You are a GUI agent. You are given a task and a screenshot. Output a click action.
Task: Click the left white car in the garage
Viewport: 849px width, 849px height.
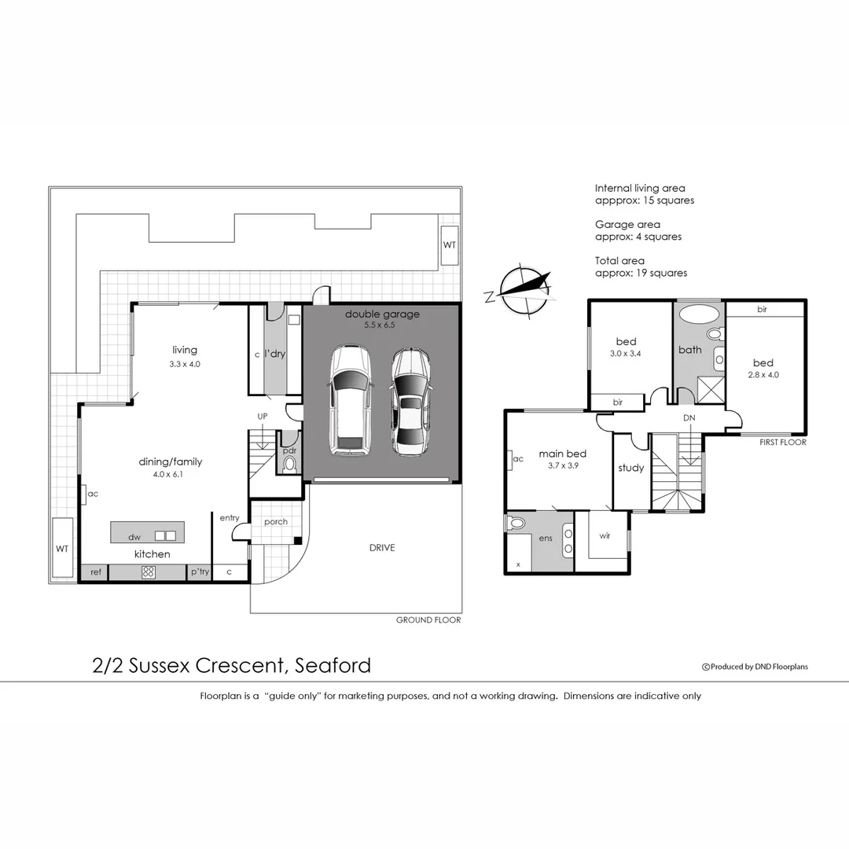click(x=351, y=401)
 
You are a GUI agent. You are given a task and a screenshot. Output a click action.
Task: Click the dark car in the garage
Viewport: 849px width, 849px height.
click(x=409, y=402)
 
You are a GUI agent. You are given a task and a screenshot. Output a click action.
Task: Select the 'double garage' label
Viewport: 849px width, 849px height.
click(x=382, y=314)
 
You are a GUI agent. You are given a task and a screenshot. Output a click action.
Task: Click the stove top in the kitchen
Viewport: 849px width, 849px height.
click(x=148, y=572)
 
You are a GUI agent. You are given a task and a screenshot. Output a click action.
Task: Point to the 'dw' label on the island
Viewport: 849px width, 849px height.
click(x=134, y=537)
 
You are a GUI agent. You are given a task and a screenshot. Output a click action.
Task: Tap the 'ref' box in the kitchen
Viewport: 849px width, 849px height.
click(x=96, y=572)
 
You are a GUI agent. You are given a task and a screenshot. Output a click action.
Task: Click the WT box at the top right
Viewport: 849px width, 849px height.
click(x=449, y=245)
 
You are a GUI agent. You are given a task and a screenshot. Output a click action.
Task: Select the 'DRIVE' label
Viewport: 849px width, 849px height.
click(x=382, y=548)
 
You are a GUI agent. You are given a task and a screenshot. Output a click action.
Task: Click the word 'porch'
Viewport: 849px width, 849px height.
click(x=276, y=522)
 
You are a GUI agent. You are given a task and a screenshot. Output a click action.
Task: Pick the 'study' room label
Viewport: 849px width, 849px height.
click(x=630, y=468)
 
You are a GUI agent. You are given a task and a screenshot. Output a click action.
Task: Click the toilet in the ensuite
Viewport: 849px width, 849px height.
click(x=518, y=523)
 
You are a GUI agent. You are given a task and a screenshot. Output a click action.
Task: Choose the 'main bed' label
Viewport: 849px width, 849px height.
click(x=562, y=454)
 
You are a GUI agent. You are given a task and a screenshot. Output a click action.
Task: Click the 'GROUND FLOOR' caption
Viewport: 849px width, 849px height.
click(x=428, y=620)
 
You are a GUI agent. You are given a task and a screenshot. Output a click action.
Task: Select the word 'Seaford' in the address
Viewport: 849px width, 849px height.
click(x=333, y=666)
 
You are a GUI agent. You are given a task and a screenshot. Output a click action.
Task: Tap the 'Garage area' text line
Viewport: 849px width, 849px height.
click(x=627, y=225)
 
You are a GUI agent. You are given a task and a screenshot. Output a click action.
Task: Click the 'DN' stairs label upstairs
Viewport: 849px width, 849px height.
click(x=689, y=417)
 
